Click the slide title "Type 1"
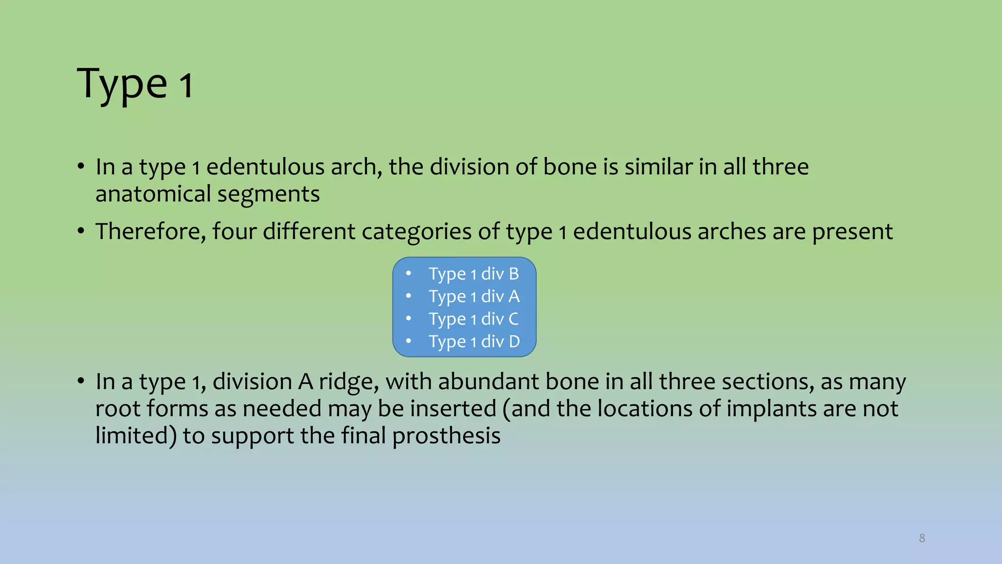click(x=135, y=84)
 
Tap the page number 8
click(x=922, y=538)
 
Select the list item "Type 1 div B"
click(x=474, y=274)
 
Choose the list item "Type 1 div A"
click(x=474, y=297)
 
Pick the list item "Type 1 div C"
click(x=474, y=319)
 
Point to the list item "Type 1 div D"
click(x=474, y=342)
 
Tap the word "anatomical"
click(x=153, y=194)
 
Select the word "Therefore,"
click(x=151, y=232)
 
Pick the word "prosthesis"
click(x=446, y=436)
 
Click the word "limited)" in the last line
click(x=136, y=436)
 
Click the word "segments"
click(x=269, y=194)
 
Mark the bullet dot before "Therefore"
click(x=81, y=231)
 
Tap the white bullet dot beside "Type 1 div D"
click(x=409, y=341)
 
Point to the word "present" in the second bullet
click(x=852, y=232)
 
